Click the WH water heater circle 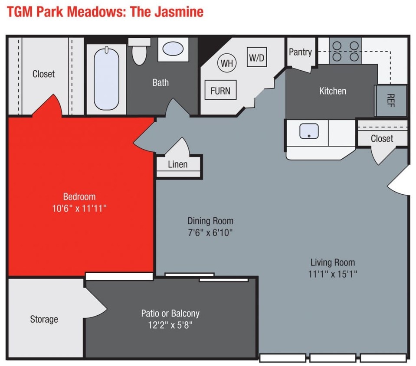[226, 63]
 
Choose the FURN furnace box [220, 91]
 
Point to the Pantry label [300, 52]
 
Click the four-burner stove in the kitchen [345, 51]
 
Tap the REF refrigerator [391, 100]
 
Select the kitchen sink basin [309, 131]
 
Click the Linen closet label [178, 164]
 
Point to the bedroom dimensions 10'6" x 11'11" [79, 208]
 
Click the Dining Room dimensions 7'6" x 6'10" [210, 232]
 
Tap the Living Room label [333, 262]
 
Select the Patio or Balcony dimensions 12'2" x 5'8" [170, 324]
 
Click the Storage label [44, 319]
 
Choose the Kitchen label [333, 91]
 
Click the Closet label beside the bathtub [43, 74]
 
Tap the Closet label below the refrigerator [382, 138]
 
